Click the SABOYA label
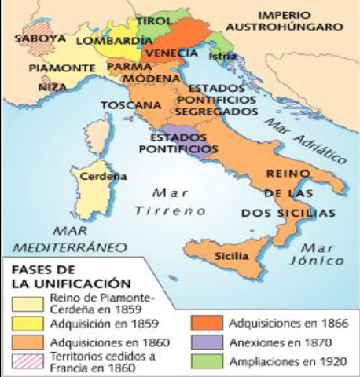point(34,37)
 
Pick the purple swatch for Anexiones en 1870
point(209,342)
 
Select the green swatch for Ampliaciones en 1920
point(209,362)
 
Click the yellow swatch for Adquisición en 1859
point(27,322)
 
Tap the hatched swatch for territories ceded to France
point(27,362)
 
